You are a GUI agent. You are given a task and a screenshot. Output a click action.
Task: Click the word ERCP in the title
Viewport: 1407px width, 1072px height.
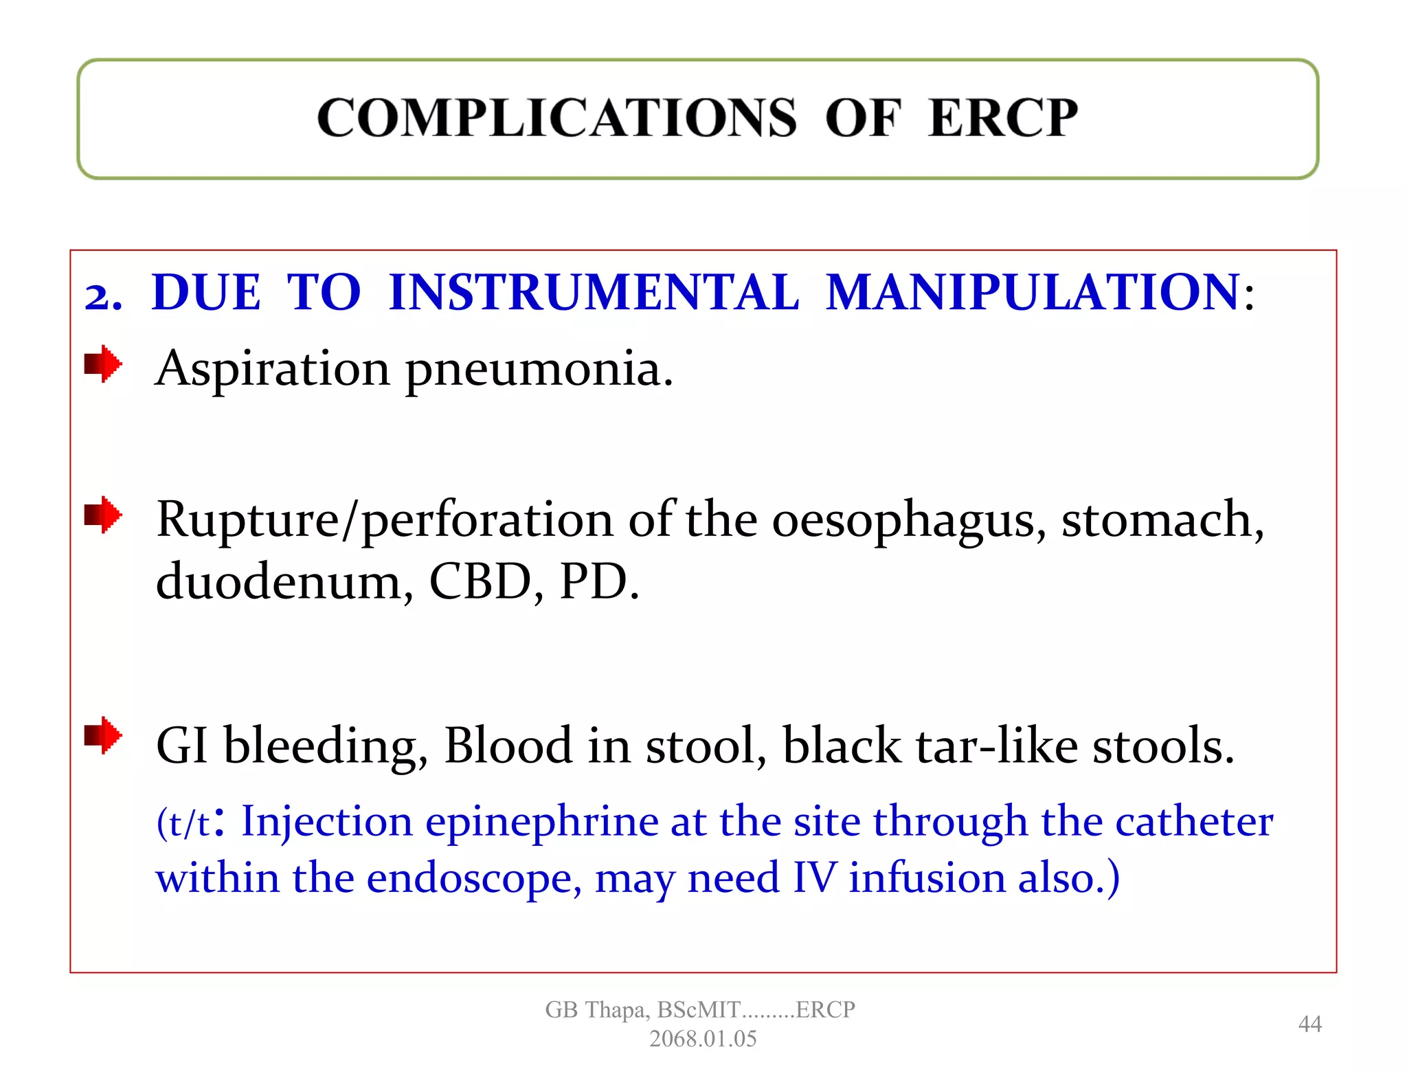click(x=1002, y=118)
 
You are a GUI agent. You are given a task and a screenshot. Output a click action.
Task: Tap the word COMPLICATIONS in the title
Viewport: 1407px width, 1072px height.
click(x=556, y=118)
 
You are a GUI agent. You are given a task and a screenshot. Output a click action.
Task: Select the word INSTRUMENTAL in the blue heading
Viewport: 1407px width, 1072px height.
click(x=594, y=293)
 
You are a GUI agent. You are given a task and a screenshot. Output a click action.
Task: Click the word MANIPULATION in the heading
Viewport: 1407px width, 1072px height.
click(x=1033, y=293)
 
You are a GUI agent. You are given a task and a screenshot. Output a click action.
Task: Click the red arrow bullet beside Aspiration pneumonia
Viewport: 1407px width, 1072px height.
click(x=103, y=364)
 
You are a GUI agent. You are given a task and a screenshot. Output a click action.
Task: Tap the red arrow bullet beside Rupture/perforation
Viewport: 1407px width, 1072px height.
click(x=103, y=515)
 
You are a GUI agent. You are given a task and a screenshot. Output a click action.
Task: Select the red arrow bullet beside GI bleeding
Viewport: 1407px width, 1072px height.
click(x=103, y=735)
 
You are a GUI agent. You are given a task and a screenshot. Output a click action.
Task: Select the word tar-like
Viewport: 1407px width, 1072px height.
click(x=996, y=746)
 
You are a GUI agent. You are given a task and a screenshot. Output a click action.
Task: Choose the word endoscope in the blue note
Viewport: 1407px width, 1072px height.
click(x=474, y=880)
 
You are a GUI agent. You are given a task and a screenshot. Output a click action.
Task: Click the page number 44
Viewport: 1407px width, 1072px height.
click(x=1309, y=1024)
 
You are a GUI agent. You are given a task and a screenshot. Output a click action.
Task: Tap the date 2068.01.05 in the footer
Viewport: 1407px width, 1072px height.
click(x=703, y=1038)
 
